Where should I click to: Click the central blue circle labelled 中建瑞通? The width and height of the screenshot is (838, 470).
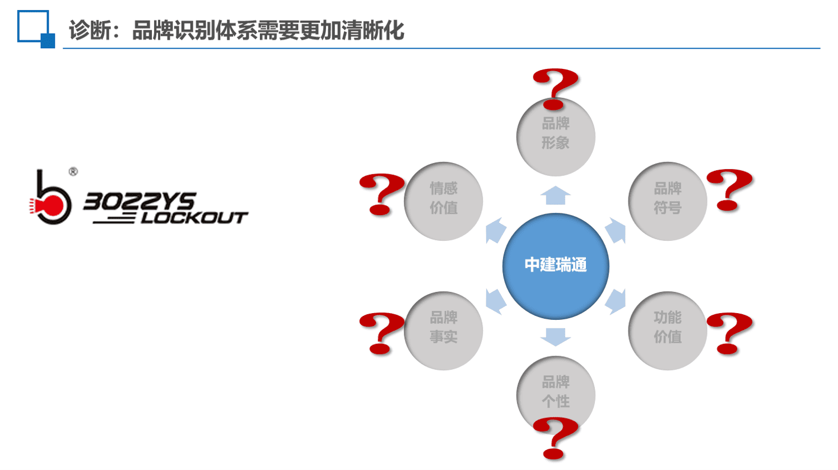(556, 266)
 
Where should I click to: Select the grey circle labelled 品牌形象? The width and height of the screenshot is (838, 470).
(556, 137)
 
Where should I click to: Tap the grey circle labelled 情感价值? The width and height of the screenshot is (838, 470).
(443, 201)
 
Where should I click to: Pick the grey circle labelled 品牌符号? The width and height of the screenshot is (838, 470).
(668, 201)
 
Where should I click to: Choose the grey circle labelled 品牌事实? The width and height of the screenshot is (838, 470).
(443, 331)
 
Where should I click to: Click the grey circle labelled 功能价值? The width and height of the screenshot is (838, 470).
(668, 331)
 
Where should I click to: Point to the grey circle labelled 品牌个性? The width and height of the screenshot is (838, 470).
(556, 395)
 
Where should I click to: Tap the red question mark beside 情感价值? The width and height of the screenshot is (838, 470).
(382, 194)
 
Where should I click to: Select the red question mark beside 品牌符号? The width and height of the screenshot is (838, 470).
(729, 190)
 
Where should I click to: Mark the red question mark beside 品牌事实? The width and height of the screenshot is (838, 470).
(382, 333)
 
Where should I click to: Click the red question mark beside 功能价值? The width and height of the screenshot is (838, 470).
(729, 333)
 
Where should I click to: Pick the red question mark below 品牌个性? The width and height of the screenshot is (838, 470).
(556, 439)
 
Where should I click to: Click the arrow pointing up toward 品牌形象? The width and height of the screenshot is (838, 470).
(556, 196)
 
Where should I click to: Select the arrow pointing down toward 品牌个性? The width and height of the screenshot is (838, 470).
(556, 337)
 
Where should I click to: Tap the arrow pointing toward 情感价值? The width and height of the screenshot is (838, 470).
(496, 230)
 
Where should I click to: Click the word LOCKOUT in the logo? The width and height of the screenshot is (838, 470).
(194, 218)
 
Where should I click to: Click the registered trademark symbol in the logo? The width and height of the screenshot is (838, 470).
(73, 172)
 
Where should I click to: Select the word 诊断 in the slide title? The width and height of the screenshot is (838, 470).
(90, 30)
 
